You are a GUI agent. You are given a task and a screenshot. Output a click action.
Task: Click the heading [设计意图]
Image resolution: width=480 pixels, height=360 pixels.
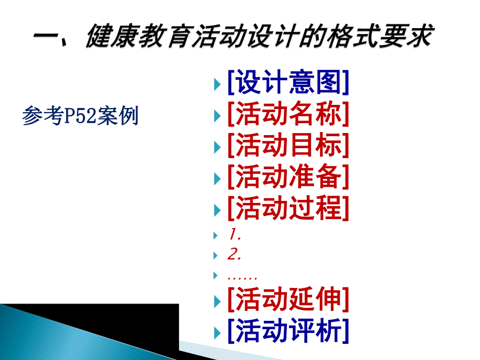pos(288,82)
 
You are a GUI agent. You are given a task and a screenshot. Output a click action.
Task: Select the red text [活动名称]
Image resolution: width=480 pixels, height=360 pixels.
pos(288,114)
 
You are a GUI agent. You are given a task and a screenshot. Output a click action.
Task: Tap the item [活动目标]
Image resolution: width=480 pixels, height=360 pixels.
pos(288,146)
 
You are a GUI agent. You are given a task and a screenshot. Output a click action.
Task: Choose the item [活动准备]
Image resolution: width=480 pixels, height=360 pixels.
pos(288,177)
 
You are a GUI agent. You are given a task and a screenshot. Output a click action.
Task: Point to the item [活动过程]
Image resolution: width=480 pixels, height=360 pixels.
pos(288,209)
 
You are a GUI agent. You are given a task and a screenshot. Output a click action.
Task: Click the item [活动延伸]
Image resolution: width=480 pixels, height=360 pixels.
pos(288,300)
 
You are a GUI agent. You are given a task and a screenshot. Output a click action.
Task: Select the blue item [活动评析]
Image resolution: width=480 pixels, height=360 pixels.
pos(288,331)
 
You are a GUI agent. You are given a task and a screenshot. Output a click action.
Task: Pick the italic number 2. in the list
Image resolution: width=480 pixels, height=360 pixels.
pos(234,255)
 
